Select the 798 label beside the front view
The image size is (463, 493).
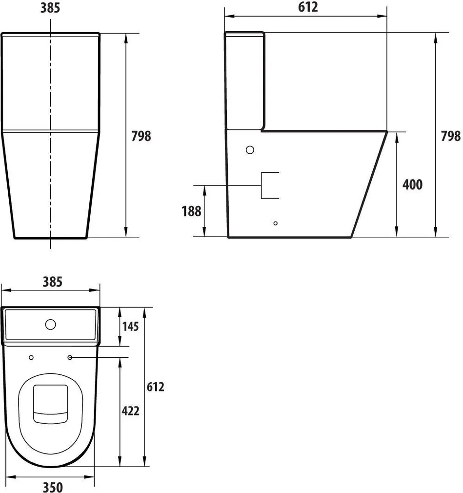pyautogui.click(x=141, y=136)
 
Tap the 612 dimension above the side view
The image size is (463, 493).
pyautogui.click(x=308, y=7)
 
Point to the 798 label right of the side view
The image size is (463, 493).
pyautogui.click(x=450, y=136)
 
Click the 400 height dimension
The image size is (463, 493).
pyautogui.click(x=412, y=185)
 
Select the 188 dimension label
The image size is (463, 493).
pyautogui.click(x=191, y=211)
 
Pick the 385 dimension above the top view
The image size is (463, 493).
pyautogui.click(x=52, y=282)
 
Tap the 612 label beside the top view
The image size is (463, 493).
pyautogui.click(x=155, y=387)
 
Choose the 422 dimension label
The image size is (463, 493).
pyautogui.click(x=130, y=411)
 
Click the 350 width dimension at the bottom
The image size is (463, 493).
pyautogui.click(x=52, y=487)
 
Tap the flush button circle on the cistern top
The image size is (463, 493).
pyautogui.click(x=50, y=324)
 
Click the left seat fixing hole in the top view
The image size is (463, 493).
pyautogui.click(x=32, y=358)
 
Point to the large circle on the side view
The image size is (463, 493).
pyautogui.click(x=250, y=150)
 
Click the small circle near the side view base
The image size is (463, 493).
pyautogui.click(x=276, y=223)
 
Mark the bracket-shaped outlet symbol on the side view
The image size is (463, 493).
pyautogui.click(x=269, y=186)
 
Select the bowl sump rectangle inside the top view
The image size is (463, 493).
pyautogui.click(x=50, y=403)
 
